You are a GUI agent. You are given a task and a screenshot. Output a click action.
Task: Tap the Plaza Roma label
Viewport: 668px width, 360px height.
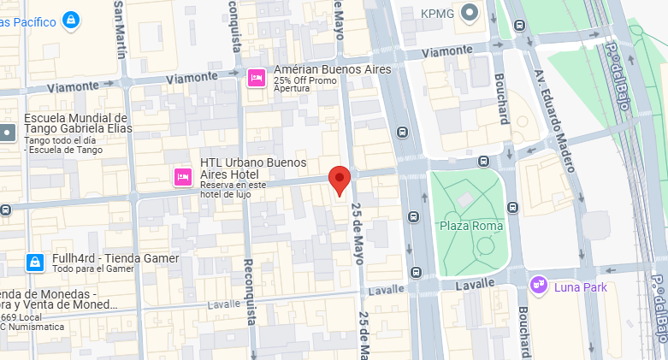pos(470,226)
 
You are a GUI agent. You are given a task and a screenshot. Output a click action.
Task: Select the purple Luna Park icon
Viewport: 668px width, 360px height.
pos(538,283)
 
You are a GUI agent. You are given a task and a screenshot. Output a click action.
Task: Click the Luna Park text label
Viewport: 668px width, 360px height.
pos(580,287)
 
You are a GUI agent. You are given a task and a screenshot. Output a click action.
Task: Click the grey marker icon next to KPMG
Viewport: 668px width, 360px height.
pos(469,13)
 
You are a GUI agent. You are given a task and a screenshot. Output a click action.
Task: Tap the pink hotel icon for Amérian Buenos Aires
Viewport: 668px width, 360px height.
pos(255,79)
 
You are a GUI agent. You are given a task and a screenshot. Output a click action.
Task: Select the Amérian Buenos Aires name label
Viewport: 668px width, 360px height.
pos(332,69)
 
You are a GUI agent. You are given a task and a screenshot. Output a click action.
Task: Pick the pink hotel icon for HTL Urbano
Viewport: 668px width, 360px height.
pos(182,177)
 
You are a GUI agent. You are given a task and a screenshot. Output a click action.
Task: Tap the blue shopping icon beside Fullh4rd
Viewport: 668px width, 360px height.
pos(34,262)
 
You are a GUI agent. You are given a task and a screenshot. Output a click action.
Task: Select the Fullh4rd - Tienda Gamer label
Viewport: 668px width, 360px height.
pos(115,258)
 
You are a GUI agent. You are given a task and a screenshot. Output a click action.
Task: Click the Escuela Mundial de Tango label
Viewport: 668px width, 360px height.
pos(75,124)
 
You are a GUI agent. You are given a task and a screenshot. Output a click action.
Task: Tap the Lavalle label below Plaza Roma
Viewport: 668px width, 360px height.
pos(475,283)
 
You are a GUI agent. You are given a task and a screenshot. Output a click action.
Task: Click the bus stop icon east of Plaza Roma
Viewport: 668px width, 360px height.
pos(513,207)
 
